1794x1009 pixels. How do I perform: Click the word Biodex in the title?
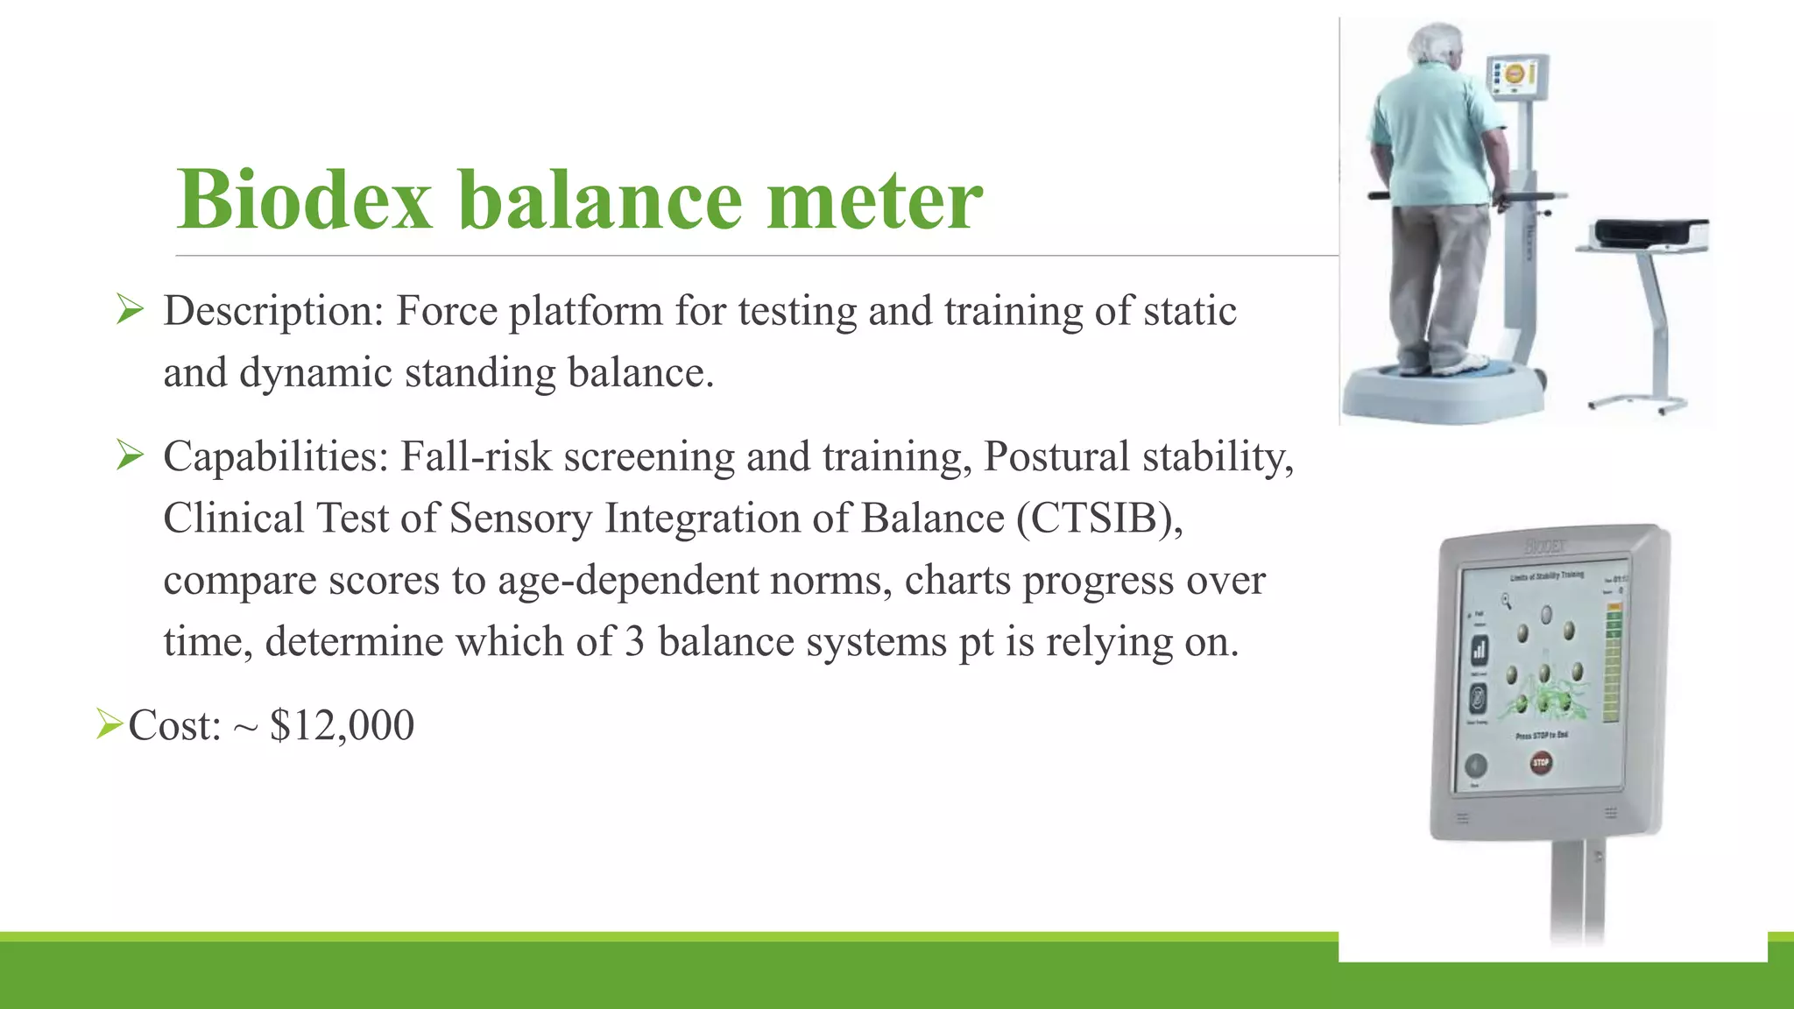[305, 201]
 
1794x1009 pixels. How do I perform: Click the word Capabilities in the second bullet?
[276, 457]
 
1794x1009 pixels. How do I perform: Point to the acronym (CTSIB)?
[1099, 519]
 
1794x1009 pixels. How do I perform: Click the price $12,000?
[342, 725]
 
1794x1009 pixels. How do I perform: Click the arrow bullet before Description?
[130, 309]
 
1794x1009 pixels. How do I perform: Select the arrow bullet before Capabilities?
[130, 455]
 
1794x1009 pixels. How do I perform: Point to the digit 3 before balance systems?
[635, 642]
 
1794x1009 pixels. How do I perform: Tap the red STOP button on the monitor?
[1540, 762]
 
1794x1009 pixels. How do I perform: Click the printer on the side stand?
[1650, 233]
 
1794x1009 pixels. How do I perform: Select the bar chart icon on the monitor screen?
[1480, 649]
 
